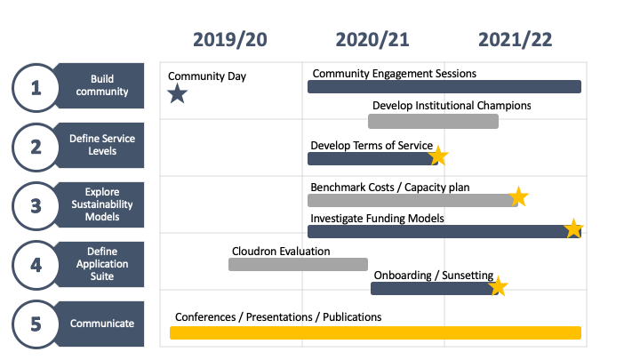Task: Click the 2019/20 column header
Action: coord(230,40)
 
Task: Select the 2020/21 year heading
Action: coord(372,40)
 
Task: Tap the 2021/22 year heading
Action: coord(515,40)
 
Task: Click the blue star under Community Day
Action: coord(178,93)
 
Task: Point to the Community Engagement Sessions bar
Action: coord(444,86)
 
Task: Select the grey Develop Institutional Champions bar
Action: coord(433,121)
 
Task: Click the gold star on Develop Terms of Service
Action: coord(438,156)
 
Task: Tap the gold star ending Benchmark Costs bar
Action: coord(519,196)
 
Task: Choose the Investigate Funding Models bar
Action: coord(444,231)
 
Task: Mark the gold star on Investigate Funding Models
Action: coord(573,228)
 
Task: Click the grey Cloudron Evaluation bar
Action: coord(298,265)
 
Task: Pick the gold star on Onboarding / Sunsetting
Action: coord(499,286)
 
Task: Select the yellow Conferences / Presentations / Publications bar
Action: coord(375,332)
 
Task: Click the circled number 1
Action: coord(36,88)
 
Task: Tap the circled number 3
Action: coord(36,206)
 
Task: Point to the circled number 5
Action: coord(36,324)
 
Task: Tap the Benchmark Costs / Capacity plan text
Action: coord(390,188)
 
